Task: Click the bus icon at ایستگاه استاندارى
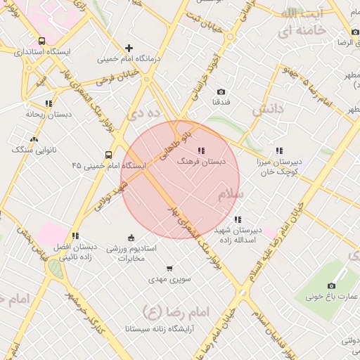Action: click(x=42, y=41)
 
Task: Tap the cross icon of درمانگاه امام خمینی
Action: click(x=129, y=48)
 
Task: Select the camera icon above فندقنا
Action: click(x=221, y=91)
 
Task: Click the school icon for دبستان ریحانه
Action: click(x=48, y=103)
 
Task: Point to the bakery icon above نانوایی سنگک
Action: click(x=34, y=139)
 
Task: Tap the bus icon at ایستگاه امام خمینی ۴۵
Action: click(x=108, y=155)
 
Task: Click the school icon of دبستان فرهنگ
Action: click(x=202, y=150)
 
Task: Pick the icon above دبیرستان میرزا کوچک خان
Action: click(x=279, y=150)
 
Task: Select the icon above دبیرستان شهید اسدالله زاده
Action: click(x=238, y=219)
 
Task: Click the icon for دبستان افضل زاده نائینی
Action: click(x=75, y=236)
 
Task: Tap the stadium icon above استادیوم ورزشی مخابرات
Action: click(x=131, y=238)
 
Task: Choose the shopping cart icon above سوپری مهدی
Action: click(x=169, y=268)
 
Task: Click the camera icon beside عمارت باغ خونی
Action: click(x=332, y=285)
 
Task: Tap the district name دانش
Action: click(x=267, y=108)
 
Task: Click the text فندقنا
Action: click(x=221, y=103)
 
